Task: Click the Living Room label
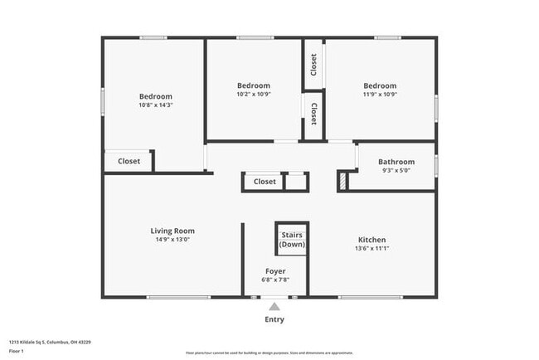(172, 231)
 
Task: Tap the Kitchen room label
(371, 240)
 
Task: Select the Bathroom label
(396, 162)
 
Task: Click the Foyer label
(275, 272)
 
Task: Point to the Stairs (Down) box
(292, 239)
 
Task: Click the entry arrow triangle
(274, 306)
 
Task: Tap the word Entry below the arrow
(274, 319)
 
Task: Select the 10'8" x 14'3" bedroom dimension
(155, 105)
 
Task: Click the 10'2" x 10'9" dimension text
(253, 94)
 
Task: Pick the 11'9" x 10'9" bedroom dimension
(379, 94)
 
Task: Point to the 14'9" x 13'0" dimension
(172, 240)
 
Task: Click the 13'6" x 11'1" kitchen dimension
(371, 248)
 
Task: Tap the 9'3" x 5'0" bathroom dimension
(396, 170)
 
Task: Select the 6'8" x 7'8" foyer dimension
(275, 280)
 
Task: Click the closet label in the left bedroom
(129, 162)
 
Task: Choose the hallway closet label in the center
(265, 182)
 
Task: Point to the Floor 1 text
(17, 351)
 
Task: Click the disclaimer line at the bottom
(269, 352)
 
